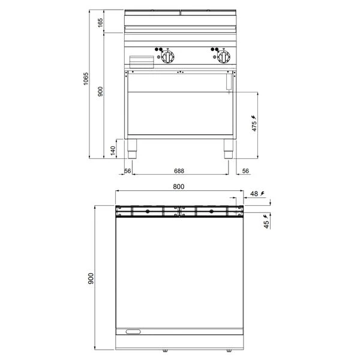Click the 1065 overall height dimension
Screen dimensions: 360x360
[86, 79]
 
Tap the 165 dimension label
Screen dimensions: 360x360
[101, 23]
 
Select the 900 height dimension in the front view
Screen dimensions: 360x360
[101, 92]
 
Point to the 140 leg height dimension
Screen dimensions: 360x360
[113, 151]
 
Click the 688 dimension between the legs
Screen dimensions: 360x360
[179, 171]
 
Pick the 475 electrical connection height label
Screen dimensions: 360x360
[254, 126]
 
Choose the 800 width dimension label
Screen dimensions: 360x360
[179, 187]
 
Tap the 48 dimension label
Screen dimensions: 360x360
[254, 194]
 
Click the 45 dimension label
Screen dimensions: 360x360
[266, 224]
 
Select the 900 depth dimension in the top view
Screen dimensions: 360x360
[91, 278]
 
